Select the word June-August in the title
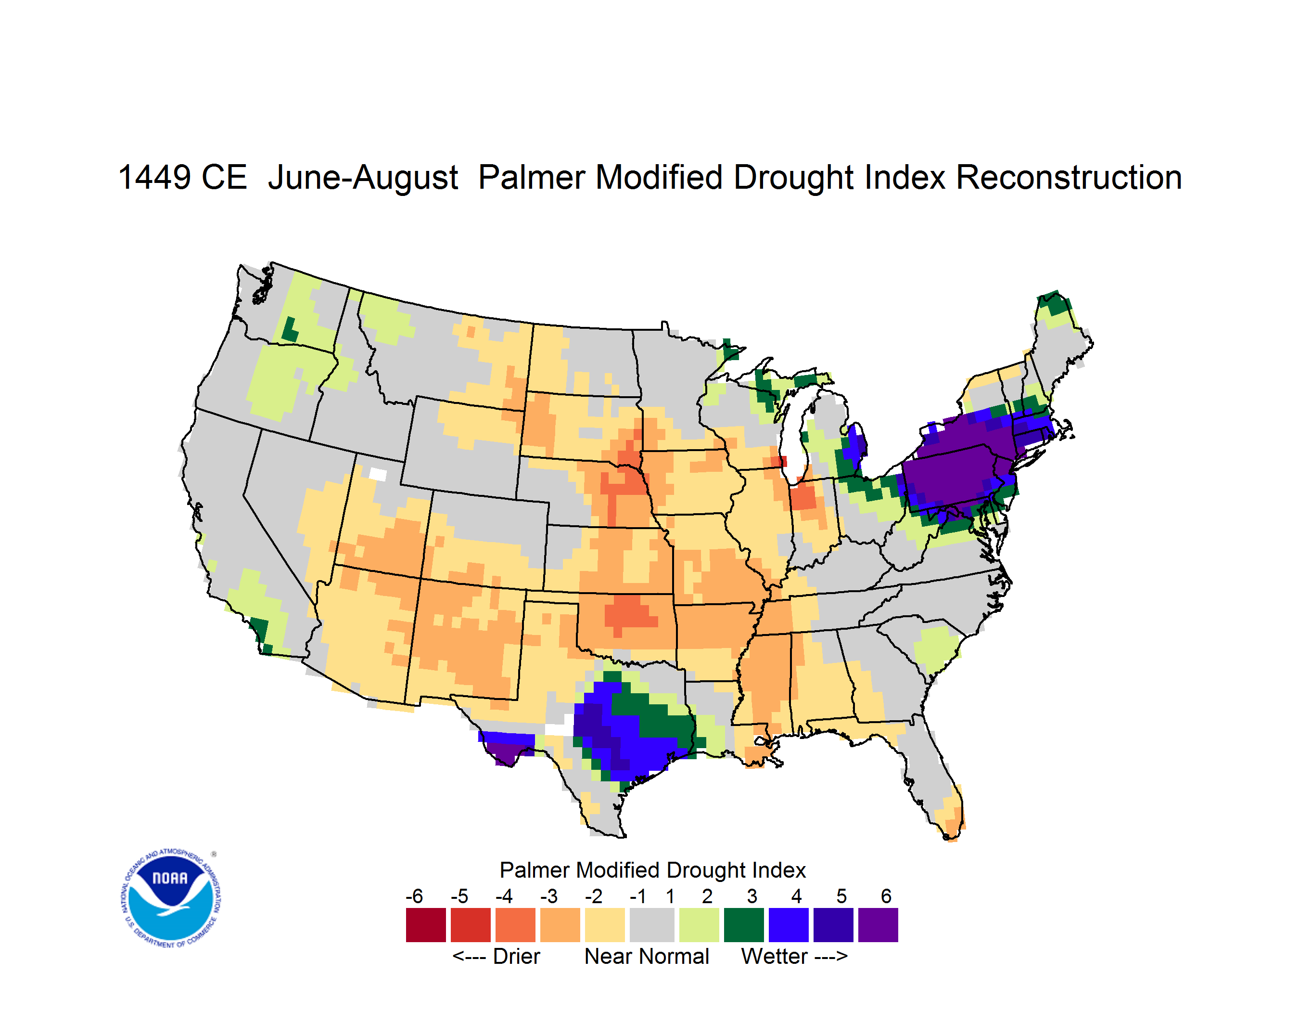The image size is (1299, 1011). (x=363, y=179)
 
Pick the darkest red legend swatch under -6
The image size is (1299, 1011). (x=425, y=925)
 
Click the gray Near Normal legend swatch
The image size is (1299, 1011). (x=652, y=925)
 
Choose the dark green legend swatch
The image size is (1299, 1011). (x=743, y=925)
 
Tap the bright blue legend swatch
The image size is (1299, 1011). (x=788, y=925)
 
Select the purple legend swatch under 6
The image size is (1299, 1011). (x=878, y=925)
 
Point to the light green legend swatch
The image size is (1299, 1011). (x=699, y=925)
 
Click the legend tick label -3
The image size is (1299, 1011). (x=548, y=896)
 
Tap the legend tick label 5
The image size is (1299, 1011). (x=841, y=896)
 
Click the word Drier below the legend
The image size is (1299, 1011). (x=516, y=956)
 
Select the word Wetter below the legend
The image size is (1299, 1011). (x=774, y=956)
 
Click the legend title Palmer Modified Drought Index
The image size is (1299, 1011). (x=652, y=870)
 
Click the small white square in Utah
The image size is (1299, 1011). (x=378, y=474)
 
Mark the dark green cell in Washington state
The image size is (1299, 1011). (x=290, y=330)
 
